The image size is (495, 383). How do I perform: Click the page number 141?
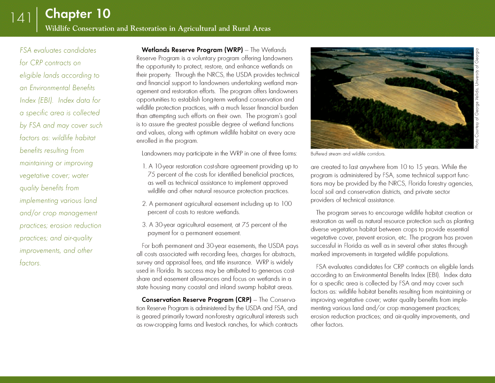[x=21, y=18]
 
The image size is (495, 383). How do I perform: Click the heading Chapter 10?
[x=77, y=14]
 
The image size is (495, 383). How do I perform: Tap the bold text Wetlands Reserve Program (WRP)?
[x=192, y=50]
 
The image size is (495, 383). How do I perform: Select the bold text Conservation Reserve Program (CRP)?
[x=197, y=300]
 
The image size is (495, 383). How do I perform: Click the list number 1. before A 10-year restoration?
[x=144, y=167]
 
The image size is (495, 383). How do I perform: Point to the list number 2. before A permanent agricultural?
[x=144, y=204]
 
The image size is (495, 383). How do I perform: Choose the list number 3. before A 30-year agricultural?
[x=144, y=225]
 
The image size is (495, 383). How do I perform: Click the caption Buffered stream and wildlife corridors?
[x=348, y=154]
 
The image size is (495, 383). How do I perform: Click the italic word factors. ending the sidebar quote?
[x=30, y=263]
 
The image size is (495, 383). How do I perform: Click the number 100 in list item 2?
[x=286, y=204]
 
